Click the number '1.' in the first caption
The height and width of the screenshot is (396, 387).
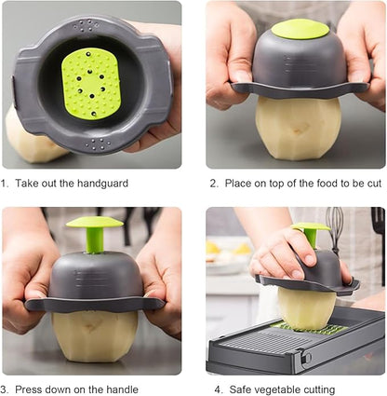pos(7,184)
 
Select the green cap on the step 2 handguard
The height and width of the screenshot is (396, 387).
pos(300,30)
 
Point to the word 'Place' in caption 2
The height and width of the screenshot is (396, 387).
pos(239,184)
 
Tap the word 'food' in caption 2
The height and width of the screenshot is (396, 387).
pos(329,184)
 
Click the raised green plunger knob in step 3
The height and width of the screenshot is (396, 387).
pos(95,222)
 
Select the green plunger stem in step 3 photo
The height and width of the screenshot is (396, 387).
pos(95,240)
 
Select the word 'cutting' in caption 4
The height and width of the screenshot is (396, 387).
pos(332,389)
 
